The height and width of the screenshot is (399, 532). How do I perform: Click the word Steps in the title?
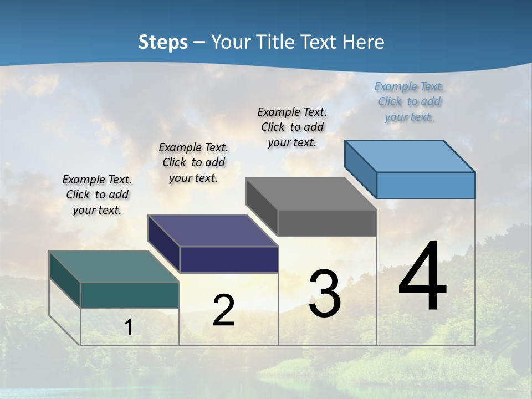pos(163,43)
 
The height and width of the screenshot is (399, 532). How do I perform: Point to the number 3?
pos(325,294)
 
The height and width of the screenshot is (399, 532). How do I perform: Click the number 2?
pos(223,310)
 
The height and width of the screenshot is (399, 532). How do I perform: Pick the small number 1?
pos(129,327)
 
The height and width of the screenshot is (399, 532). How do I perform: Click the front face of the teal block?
pos(130,295)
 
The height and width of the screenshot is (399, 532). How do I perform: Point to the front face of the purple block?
pos(229,259)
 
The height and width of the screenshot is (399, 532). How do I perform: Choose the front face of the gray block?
pos(327,223)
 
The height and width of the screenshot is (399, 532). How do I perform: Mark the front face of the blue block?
pos(426,185)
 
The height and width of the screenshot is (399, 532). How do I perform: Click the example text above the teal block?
pos(97,195)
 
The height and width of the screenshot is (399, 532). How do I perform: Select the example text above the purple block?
pos(193,162)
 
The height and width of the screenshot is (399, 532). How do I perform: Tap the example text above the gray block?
pos(292,127)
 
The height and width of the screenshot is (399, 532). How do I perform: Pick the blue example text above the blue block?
pos(409,102)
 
